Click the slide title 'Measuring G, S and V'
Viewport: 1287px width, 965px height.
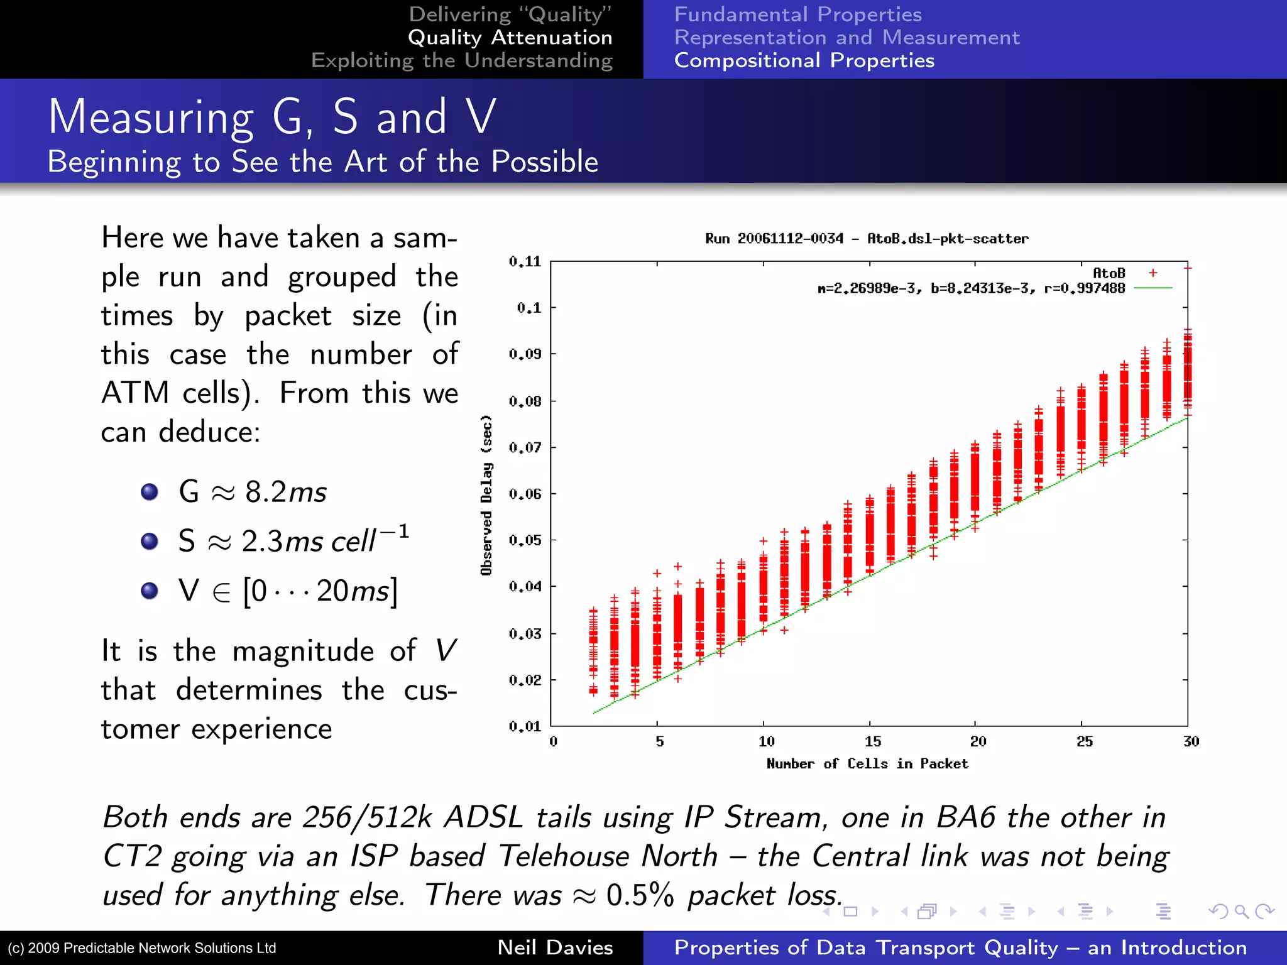[x=272, y=117]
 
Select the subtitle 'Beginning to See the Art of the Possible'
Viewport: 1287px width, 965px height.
[x=322, y=162]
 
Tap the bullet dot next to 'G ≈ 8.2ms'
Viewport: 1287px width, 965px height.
[x=150, y=491]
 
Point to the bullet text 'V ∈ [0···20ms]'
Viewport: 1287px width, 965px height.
[x=288, y=591]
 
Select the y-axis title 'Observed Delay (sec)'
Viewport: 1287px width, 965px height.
[x=486, y=495]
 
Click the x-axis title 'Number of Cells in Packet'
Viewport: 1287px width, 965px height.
[x=867, y=764]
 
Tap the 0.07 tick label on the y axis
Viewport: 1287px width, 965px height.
[x=525, y=447]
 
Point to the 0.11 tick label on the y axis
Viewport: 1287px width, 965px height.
[x=525, y=261]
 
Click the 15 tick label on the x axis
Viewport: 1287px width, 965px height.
[x=873, y=741]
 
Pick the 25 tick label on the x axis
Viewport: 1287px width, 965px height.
[x=1085, y=741]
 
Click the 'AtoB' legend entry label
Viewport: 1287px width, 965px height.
[x=1109, y=273]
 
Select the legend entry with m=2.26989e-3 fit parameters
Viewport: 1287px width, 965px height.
[x=971, y=288]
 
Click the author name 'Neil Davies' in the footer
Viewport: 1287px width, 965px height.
[x=555, y=947]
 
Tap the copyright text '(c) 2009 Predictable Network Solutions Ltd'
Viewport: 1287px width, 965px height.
[x=142, y=948]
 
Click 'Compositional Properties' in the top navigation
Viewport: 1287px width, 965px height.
[x=804, y=60]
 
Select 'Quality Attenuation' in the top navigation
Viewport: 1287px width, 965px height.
[x=510, y=38]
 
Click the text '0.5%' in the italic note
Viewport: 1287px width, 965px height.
[x=640, y=895]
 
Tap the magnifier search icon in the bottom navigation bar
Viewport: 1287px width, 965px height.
[x=1241, y=911]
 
